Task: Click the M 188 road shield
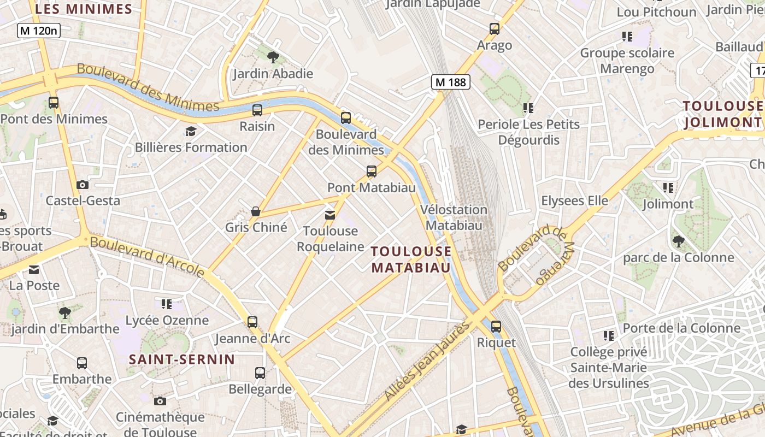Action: point(451,82)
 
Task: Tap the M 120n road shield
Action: point(38,31)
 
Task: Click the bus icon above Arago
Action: point(495,29)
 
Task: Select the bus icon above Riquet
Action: point(496,327)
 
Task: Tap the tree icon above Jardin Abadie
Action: point(273,56)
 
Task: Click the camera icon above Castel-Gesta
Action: point(83,185)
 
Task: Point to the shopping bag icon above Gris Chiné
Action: point(255,211)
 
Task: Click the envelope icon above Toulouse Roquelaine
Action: point(330,215)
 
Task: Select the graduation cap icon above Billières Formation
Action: point(191,131)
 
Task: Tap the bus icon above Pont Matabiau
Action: point(372,172)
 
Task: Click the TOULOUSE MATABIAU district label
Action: point(411,259)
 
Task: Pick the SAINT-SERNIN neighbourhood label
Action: point(182,359)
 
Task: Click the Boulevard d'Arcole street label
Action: point(148,256)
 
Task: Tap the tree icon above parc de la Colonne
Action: point(678,241)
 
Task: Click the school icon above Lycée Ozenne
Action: point(167,304)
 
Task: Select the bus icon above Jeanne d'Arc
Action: point(252,322)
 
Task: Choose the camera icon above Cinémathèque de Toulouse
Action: point(160,401)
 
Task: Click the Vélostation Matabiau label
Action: point(454,217)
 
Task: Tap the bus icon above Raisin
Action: point(257,110)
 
